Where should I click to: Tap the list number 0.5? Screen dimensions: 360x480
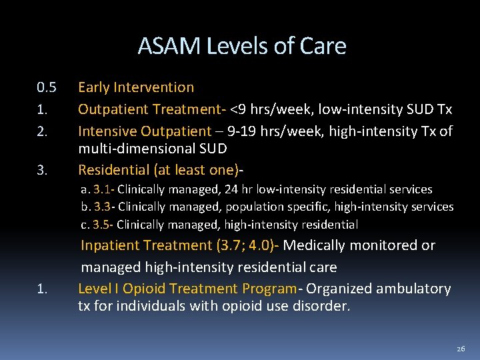pos(47,87)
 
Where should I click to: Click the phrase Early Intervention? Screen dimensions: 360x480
pos(136,87)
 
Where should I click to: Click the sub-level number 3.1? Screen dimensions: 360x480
pos(102,190)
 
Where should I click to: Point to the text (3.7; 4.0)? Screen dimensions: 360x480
pos(247,245)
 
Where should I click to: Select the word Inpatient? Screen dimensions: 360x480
pos(110,245)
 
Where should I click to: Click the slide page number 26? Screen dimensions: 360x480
pos(461,349)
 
